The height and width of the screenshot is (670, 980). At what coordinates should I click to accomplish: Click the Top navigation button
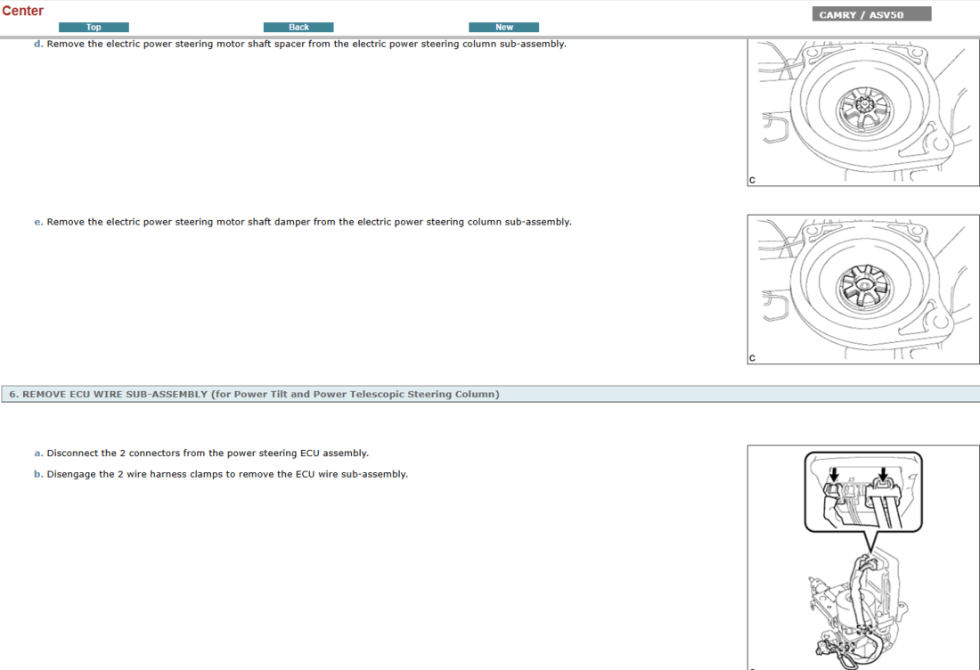coord(94,27)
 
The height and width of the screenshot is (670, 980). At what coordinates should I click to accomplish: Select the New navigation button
coord(503,27)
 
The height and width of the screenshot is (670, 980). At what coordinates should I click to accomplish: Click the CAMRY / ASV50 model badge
coord(872,14)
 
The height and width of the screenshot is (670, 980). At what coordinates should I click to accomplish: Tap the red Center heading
coord(22,11)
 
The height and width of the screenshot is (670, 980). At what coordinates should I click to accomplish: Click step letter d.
coord(38,44)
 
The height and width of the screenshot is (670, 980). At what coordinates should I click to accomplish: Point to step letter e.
coord(38,222)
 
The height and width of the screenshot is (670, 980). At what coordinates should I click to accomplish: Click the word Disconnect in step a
coord(72,453)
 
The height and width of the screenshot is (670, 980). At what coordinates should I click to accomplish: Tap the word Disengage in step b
coord(71,474)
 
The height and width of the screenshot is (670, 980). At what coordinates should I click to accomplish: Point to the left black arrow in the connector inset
coord(834,474)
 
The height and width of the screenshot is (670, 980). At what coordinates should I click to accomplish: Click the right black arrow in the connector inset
coord(883,474)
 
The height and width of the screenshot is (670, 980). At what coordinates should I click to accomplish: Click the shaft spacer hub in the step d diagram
coord(864,110)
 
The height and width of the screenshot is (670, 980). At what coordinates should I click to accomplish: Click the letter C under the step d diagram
coord(752,180)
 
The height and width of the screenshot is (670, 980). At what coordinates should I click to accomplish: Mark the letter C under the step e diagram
coord(752,358)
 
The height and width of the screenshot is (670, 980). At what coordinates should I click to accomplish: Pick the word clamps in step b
coord(207,474)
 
